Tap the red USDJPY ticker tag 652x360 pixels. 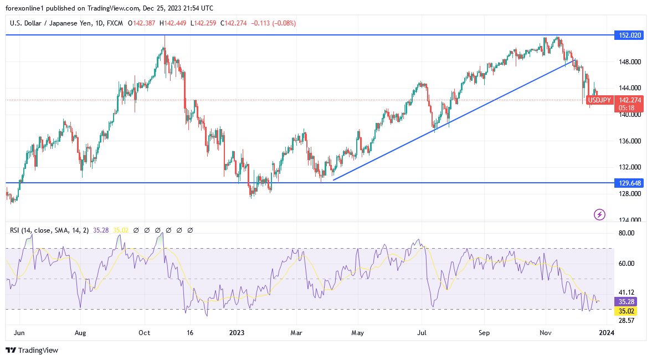[x=599, y=100]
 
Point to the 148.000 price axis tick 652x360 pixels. [x=630, y=61]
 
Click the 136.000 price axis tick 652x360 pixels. [x=630, y=141]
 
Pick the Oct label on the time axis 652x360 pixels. [x=145, y=333]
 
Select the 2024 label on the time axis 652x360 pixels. [x=607, y=333]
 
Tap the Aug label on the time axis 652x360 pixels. [x=80, y=333]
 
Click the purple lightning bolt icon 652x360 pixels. [x=599, y=214]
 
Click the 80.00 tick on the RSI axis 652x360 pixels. [x=625, y=233]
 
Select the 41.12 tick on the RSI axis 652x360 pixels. [x=625, y=292]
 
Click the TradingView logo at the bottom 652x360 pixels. [x=32, y=350]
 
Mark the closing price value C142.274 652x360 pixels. [x=238, y=23]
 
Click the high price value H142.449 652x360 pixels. [x=175, y=23]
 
